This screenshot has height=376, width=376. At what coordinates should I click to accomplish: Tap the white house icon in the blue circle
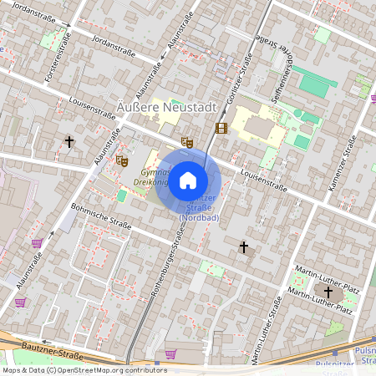tap(188, 180)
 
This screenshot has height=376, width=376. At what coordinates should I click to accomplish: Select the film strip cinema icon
tap(221, 128)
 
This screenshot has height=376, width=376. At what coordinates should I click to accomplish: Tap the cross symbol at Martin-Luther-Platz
tap(328, 292)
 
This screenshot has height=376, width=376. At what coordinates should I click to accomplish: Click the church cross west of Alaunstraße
tap(69, 141)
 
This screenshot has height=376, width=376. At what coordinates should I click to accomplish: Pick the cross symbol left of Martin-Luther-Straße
tap(244, 246)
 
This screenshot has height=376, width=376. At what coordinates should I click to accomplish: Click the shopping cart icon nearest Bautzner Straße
tap(170, 353)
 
